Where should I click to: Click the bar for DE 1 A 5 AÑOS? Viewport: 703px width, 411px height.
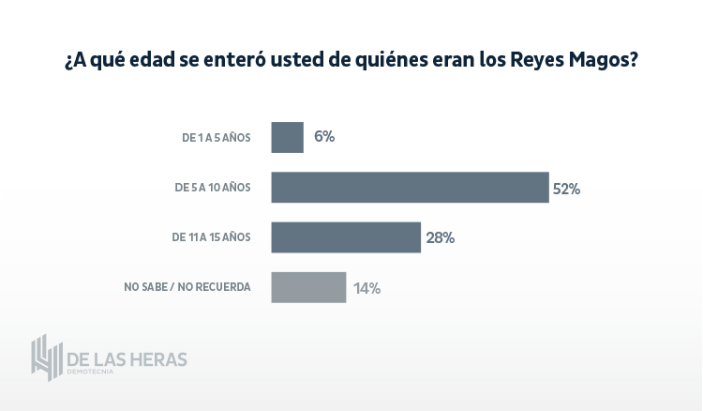tap(287, 137)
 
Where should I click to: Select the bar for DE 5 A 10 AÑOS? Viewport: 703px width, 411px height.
tap(410, 187)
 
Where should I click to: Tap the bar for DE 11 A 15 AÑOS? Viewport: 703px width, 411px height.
tap(346, 237)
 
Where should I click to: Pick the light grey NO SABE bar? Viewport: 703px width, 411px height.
tap(308, 287)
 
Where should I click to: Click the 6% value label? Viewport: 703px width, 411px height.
tap(324, 137)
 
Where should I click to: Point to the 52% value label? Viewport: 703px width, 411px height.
tap(566, 189)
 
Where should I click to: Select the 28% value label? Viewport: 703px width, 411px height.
tap(440, 238)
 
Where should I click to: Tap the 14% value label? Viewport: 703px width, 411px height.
tap(366, 288)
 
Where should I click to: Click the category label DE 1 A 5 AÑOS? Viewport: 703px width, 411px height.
tap(217, 138)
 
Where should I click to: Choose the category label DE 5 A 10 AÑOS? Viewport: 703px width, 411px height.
tap(213, 188)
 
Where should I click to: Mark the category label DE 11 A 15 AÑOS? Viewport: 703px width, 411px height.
tap(211, 237)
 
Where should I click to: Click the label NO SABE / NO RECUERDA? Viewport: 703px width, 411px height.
tap(187, 287)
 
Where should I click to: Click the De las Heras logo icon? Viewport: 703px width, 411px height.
tap(46, 358)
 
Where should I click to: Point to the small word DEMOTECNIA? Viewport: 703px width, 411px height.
tap(90, 373)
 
